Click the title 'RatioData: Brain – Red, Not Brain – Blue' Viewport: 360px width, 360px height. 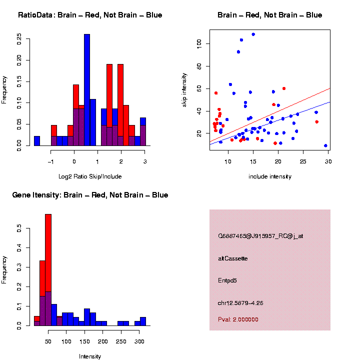90,15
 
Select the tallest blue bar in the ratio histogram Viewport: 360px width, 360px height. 87,90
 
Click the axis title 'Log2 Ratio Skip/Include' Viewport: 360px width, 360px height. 90,176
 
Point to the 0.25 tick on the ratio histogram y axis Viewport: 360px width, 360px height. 19,39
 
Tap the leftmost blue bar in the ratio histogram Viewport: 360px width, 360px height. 36,140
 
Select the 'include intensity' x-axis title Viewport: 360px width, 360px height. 269,176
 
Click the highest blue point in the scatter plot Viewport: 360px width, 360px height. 253,34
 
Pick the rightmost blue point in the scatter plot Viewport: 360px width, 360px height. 325,145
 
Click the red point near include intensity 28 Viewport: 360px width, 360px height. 317,122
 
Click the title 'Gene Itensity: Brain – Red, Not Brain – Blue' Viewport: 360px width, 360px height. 90,195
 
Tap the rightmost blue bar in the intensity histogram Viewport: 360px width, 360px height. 143,321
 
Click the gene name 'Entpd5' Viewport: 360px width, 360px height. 227,280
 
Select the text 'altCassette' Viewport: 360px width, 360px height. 233,258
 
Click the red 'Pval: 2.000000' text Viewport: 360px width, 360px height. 238,319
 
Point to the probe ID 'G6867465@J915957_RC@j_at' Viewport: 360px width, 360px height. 260,236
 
